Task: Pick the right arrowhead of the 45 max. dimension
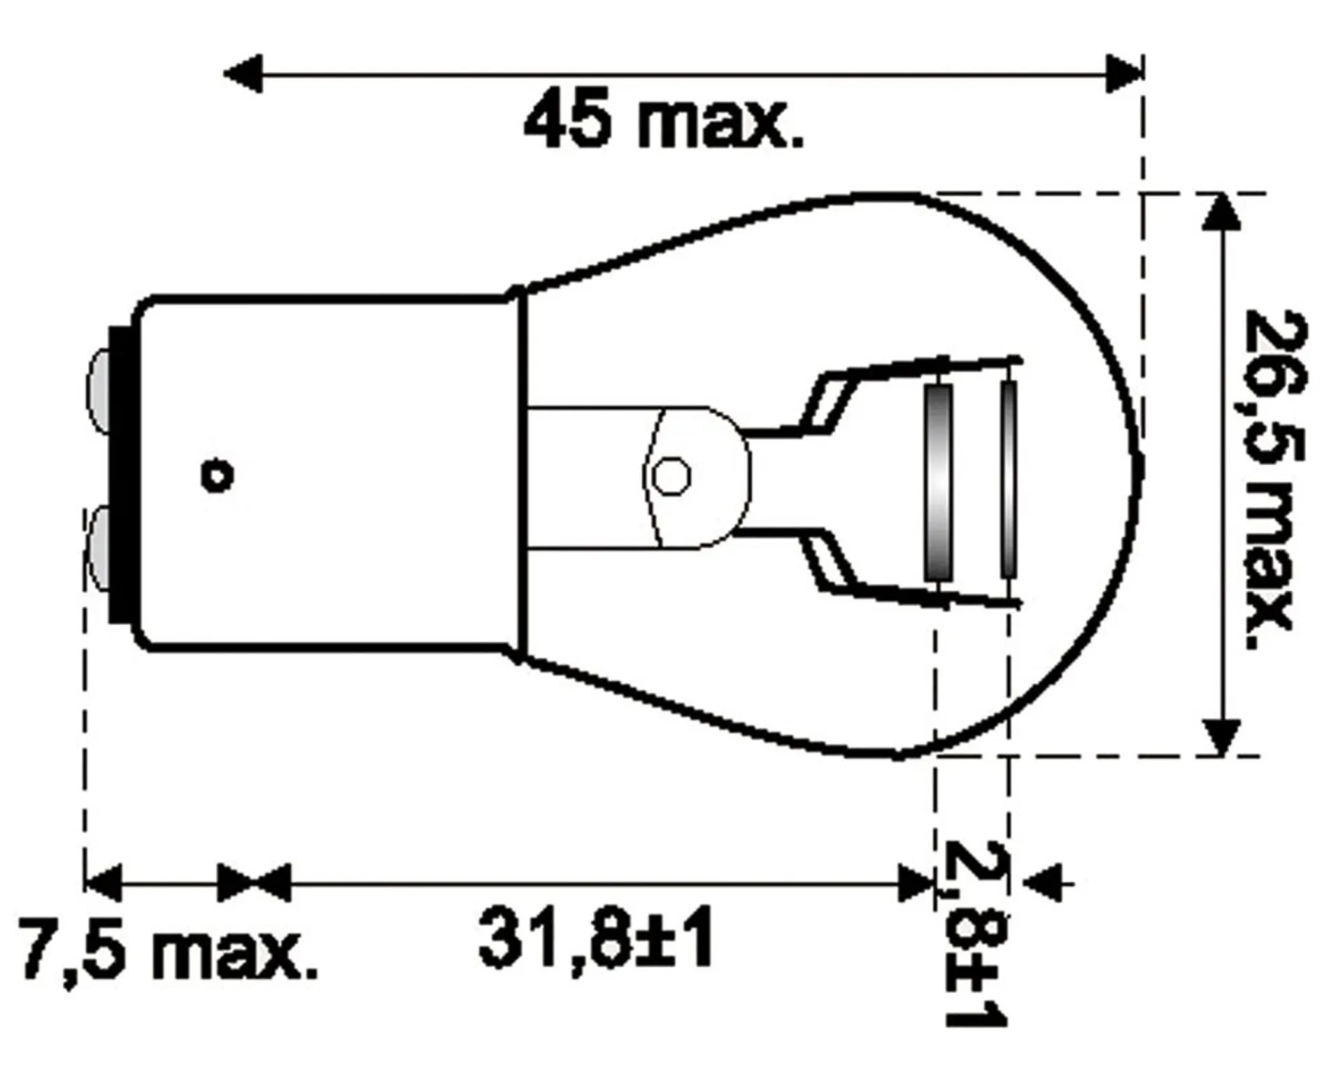(1123, 73)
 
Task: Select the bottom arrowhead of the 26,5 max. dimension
(1221, 738)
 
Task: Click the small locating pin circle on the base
(217, 477)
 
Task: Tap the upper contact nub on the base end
(97, 391)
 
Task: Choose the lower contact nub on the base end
(97, 549)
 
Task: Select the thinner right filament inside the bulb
(1008, 479)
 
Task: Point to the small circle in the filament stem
(671, 476)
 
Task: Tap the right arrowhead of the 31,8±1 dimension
(916, 882)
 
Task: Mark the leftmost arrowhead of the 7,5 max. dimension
(102, 882)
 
